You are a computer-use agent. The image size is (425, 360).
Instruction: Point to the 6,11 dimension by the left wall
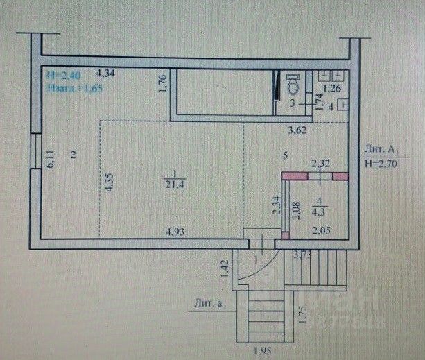click(51, 162)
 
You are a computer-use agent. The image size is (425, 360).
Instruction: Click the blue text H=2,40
click(59, 72)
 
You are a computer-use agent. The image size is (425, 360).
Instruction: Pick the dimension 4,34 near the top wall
click(106, 72)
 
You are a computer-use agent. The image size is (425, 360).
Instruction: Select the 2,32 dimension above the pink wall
click(320, 164)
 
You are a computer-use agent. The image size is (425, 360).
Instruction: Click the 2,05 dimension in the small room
click(321, 231)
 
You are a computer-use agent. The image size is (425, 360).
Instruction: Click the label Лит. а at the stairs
click(214, 302)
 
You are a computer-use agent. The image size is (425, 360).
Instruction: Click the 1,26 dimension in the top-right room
click(333, 88)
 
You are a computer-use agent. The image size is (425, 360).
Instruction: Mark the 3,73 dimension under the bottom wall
click(302, 256)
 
